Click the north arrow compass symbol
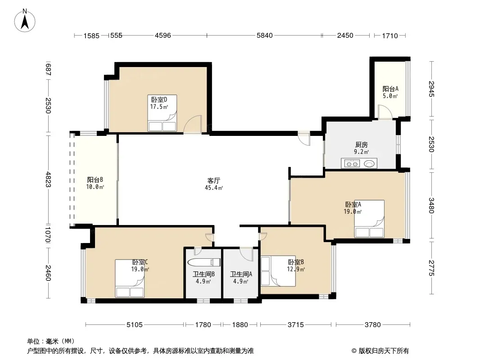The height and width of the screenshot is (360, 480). click(x=25, y=21)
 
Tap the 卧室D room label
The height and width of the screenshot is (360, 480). click(x=159, y=100)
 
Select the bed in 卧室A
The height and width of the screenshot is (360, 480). click(x=369, y=219)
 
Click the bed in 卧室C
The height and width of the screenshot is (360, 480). click(x=130, y=279)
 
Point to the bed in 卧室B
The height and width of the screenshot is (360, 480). click(x=278, y=271)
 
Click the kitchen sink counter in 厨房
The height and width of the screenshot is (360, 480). click(x=359, y=163)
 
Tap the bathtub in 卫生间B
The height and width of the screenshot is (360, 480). click(x=204, y=262)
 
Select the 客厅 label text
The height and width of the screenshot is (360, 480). click(x=214, y=180)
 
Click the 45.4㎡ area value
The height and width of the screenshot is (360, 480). click(x=214, y=188)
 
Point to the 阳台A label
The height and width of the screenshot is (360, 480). click(x=390, y=89)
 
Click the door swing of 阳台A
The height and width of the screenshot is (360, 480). click(x=385, y=112)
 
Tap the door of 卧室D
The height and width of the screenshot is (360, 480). click(x=193, y=125)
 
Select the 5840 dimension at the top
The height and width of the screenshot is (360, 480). click(x=264, y=36)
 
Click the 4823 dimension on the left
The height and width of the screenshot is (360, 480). click(x=48, y=180)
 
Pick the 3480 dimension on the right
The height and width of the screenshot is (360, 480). click(x=431, y=206)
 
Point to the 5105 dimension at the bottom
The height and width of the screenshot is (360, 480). click(x=135, y=324)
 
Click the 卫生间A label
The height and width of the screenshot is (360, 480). click(x=241, y=274)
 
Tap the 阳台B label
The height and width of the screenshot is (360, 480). click(x=95, y=180)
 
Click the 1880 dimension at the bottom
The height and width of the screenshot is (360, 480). click(x=240, y=324)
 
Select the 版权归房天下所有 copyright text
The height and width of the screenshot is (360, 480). click(x=384, y=351)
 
